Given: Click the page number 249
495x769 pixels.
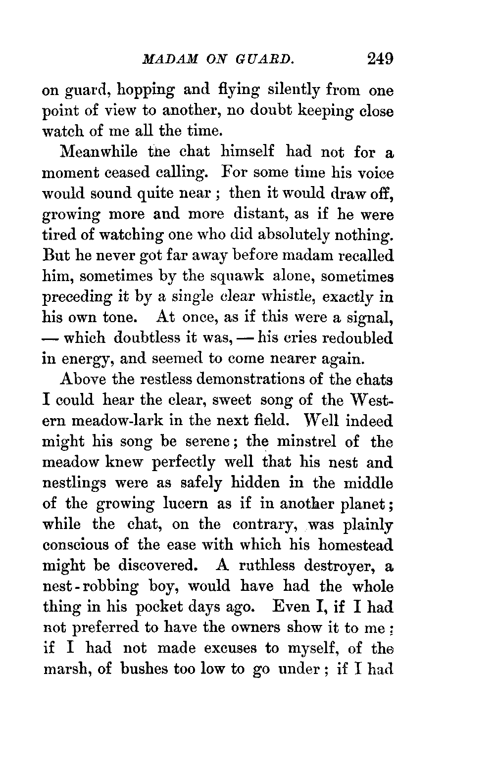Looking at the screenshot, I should pyautogui.click(x=380, y=59).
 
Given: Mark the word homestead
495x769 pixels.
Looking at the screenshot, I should pyautogui.click(x=355, y=545).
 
